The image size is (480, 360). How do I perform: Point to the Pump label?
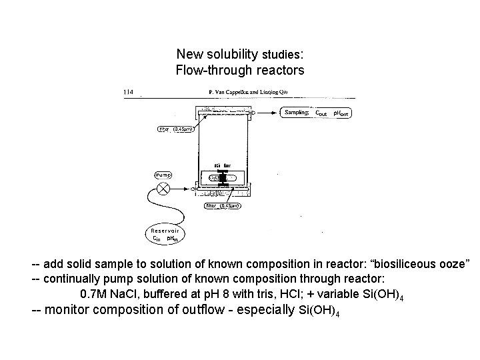163,175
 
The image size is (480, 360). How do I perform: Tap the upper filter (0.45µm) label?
175,129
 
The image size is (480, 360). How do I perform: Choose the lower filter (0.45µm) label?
223,206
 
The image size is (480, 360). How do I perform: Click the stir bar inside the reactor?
223,177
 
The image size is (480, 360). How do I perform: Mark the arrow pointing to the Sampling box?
267,113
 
